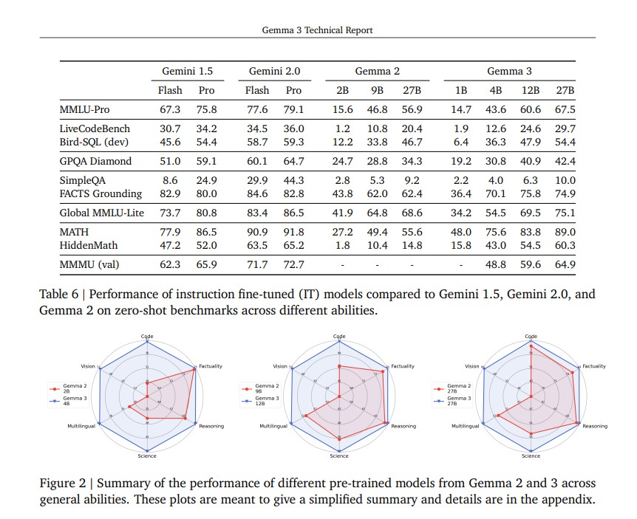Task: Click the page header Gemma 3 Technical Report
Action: point(318,30)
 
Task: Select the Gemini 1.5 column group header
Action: point(188,72)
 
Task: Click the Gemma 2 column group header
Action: point(377,72)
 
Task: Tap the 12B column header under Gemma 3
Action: point(530,91)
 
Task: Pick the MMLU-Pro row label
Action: point(86,110)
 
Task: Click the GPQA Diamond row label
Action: point(95,161)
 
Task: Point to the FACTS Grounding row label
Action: point(101,194)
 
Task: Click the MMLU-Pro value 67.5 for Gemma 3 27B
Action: point(565,110)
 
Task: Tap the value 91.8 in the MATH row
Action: point(293,232)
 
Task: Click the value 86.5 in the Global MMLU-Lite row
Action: point(293,213)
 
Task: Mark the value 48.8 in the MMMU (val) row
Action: point(495,264)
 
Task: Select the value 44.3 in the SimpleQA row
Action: point(293,181)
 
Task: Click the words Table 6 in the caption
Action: point(60,295)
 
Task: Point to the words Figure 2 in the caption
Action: point(63,484)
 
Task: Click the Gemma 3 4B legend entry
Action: point(64,401)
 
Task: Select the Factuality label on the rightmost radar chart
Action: point(595,366)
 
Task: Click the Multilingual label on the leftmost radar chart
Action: point(81,427)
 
